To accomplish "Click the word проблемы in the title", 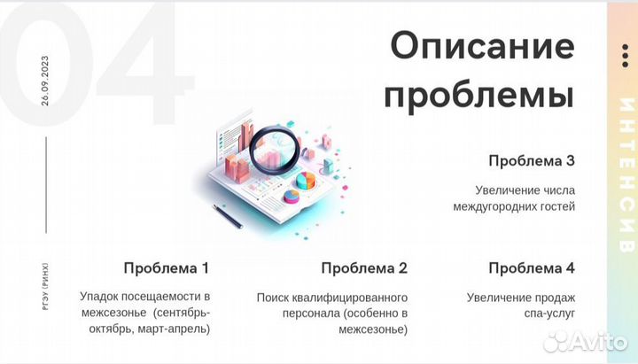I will click(x=479, y=93).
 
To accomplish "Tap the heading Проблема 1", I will click(x=167, y=267).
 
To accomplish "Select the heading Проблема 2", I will click(x=364, y=267).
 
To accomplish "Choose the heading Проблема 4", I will click(x=532, y=267).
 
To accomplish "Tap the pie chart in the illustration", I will click(x=306, y=181).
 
